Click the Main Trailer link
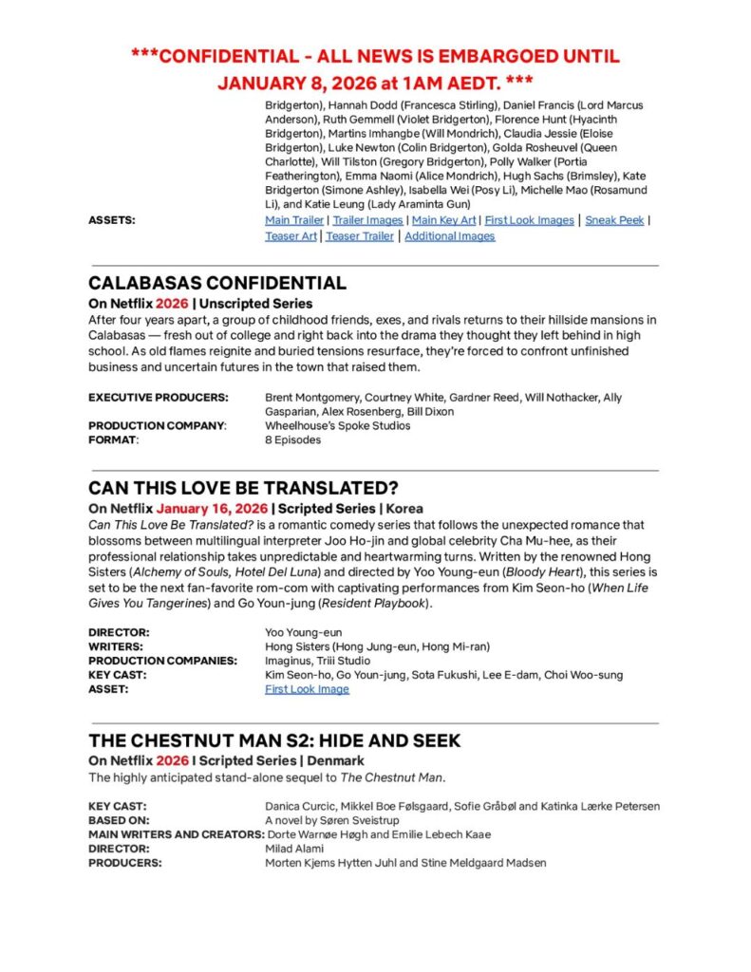(294, 220)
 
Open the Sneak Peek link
(613, 220)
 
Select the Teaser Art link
(291, 236)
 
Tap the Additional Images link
(449, 236)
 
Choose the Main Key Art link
(443, 220)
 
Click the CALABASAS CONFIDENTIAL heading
(216, 283)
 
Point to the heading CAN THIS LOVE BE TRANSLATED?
(243, 488)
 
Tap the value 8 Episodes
(292, 440)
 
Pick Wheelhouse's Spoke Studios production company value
(337, 425)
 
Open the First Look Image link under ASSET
(307, 689)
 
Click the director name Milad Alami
(296, 849)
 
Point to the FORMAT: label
(113, 440)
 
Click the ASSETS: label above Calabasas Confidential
(111, 220)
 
